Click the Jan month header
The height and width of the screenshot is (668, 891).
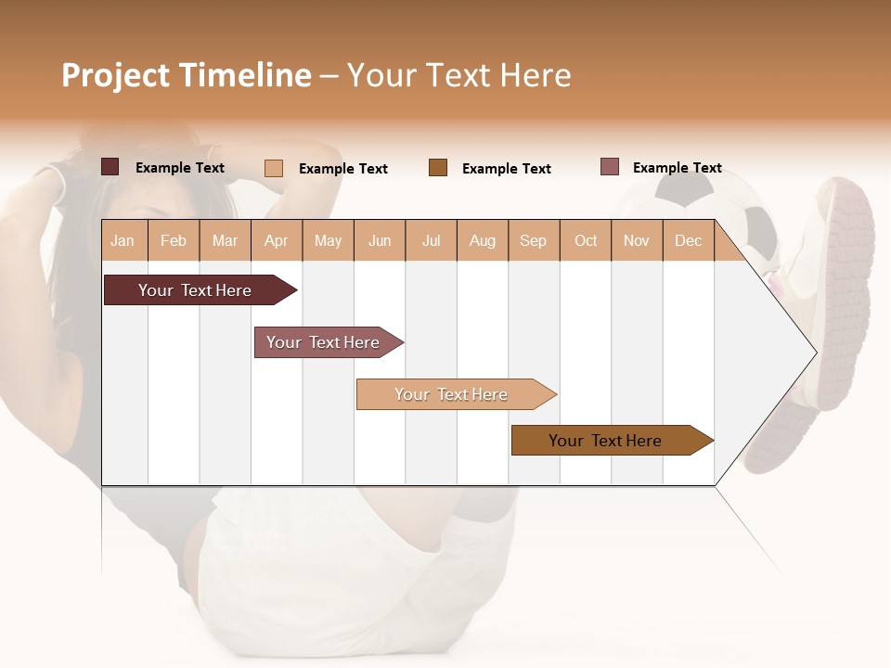(123, 241)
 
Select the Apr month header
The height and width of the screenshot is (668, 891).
(276, 241)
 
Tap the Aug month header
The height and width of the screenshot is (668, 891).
(482, 241)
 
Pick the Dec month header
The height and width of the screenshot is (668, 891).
(688, 241)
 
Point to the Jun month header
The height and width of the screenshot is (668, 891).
(380, 241)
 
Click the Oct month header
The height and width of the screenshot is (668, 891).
(586, 241)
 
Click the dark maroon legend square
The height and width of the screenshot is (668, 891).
(110, 167)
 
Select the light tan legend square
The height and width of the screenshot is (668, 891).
(273, 168)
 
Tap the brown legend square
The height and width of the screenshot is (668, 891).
(437, 168)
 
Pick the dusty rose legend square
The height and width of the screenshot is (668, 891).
(609, 167)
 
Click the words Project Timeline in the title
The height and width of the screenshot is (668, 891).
(186, 75)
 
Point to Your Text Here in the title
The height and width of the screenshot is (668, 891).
(458, 75)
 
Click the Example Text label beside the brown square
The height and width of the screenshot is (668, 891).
(506, 169)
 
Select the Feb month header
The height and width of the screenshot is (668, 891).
(174, 241)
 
